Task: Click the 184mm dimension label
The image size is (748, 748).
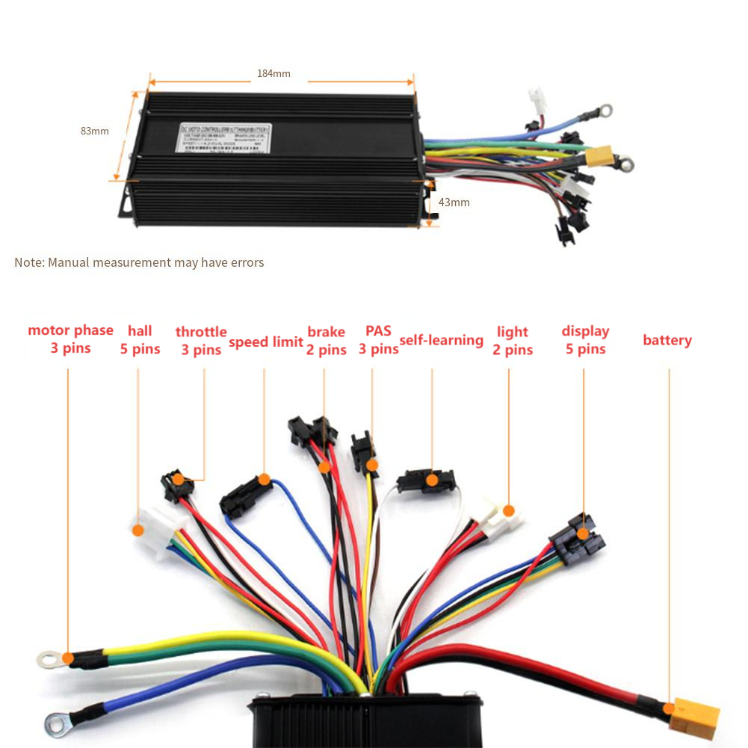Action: click(x=273, y=73)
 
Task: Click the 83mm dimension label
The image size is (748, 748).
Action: click(x=95, y=131)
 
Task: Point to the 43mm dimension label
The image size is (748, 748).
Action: click(x=454, y=203)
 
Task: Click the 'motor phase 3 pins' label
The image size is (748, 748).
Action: click(x=70, y=339)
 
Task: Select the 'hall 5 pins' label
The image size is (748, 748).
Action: click(x=140, y=340)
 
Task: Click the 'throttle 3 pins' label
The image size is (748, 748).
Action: click(x=201, y=341)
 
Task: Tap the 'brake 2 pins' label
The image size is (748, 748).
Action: click(x=326, y=341)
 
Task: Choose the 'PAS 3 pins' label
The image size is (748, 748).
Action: click(x=378, y=340)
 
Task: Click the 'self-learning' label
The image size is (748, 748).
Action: click(x=441, y=341)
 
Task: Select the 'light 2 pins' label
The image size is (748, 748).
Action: click(x=513, y=341)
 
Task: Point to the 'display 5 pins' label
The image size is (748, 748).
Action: click(x=585, y=340)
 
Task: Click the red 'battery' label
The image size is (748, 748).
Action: click(x=667, y=341)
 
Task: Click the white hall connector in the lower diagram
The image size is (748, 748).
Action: click(x=155, y=528)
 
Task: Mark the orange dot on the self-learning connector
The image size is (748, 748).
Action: click(x=431, y=480)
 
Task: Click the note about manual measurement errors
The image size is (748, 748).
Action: click(x=139, y=263)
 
